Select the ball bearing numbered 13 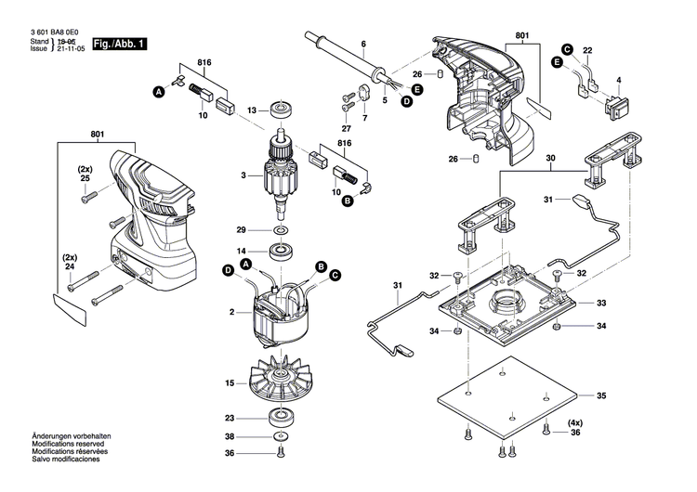(x=280, y=110)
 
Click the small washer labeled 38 (x=280, y=436)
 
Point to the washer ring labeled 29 (x=280, y=229)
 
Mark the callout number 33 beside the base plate (x=600, y=304)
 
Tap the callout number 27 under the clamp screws (x=346, y=128)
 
